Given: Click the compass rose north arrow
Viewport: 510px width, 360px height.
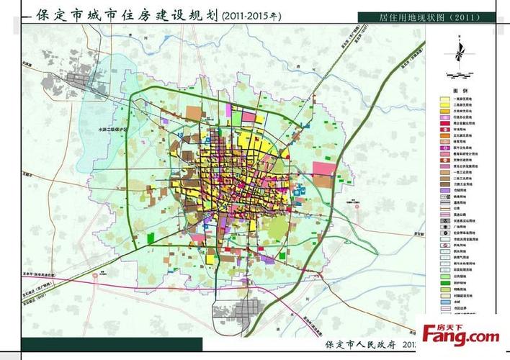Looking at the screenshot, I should [x=456, y=52].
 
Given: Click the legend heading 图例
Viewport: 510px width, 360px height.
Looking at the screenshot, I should [x=455, y=91].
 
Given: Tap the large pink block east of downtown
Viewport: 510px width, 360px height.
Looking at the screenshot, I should [x=322, y=170].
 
